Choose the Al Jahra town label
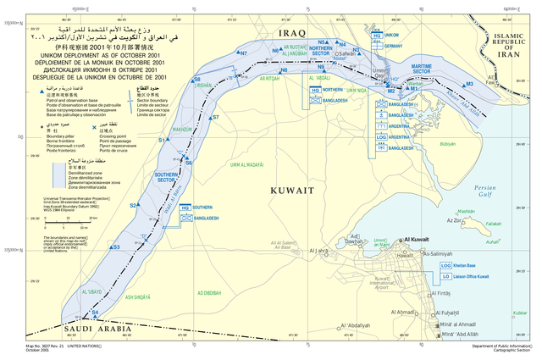[318, 252]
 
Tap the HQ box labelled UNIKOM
[375, 36]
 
